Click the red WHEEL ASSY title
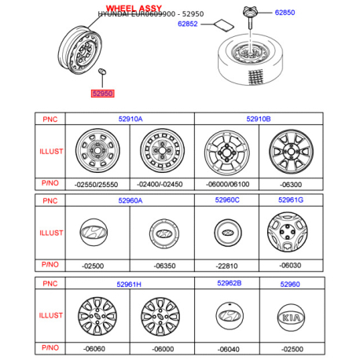click(x=134, y=9)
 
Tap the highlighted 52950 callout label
click(x=103, y=94)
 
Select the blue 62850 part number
click(x=285, y=13)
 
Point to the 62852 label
click(x=188, y=24)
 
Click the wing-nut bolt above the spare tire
click(x=250, y=17)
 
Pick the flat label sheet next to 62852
click(x=224, y=25)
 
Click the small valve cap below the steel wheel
click(x=102, y=72)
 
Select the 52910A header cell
click(x=130, y=119)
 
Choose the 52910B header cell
click(x=259, y=119)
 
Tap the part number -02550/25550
click(x=96, y=185)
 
